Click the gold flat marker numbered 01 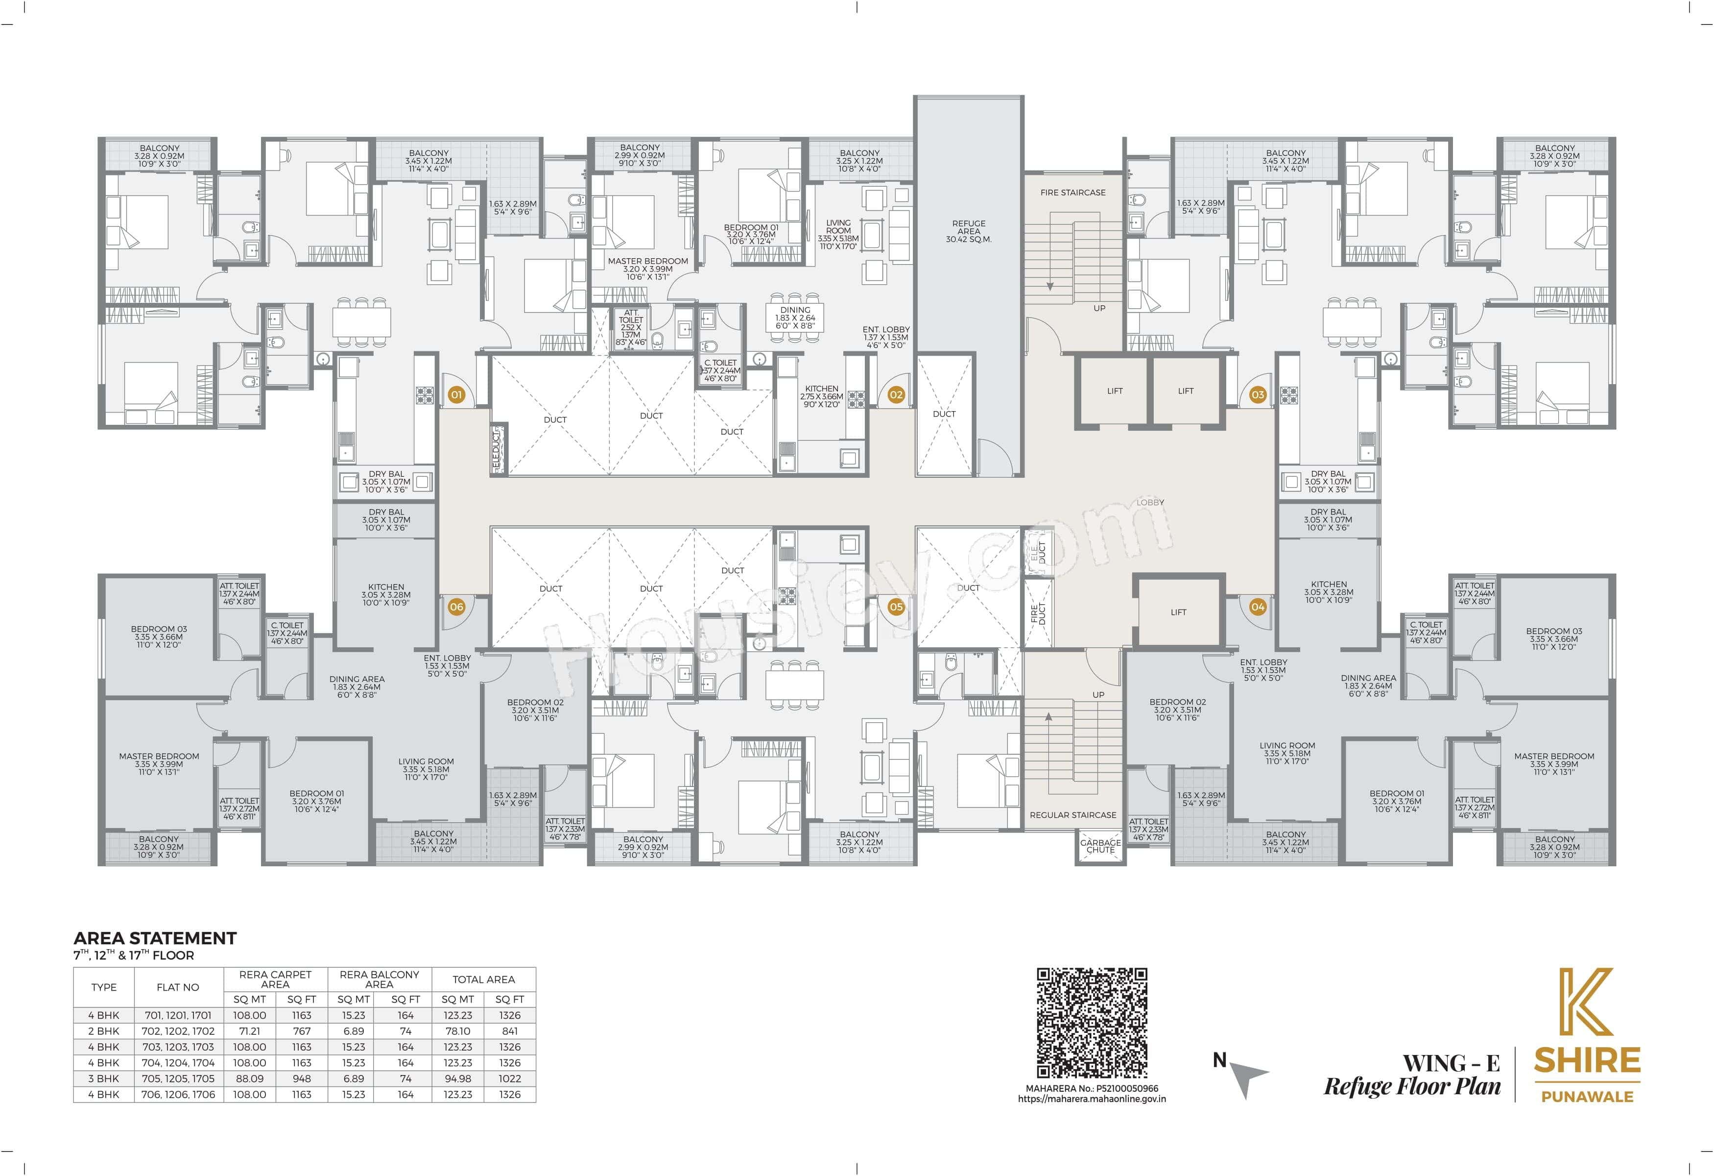tap(456, 395)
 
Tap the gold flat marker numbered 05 tap(895, 607)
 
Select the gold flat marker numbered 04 tap(1258, 607)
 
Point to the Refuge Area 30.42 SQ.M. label tap(968, 231)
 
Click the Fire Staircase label tap(1072, 193)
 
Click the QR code tap(1092, 1023)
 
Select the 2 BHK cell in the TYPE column tap(103, 1030)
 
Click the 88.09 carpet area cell tap(249, 1078)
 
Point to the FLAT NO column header tap(178, 987)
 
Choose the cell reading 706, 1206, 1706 tap(178, 1094)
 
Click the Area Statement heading tap(155, 938)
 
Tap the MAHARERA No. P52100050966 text tap(1092, 1088)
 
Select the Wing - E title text tap(1451, 1063)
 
